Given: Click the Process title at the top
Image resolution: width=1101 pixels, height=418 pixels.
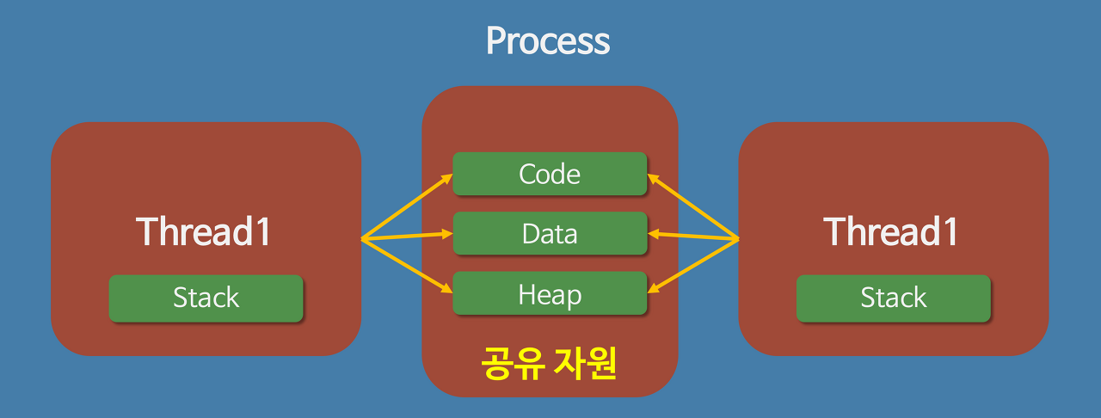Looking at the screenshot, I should tap(548, 41).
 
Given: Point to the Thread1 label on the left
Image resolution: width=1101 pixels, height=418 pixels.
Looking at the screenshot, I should tap(204, 231).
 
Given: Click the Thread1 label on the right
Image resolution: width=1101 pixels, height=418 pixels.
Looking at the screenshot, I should tap(891, 231).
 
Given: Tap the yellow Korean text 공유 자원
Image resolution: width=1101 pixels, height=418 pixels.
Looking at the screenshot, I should tap(549, 364).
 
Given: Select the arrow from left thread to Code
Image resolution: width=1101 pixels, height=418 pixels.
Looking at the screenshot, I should tap(407, 206).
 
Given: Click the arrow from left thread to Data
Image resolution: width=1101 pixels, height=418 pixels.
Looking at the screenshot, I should tap(407, 236).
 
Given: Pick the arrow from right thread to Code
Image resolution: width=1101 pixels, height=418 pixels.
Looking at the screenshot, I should tap(693, 206).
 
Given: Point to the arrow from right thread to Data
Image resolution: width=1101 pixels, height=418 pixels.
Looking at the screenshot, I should tap(693, 236).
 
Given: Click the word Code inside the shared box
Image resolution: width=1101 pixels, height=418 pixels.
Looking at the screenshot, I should tap(550, 174).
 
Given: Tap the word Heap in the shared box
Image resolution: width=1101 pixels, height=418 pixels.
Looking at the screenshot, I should tap(550, 294).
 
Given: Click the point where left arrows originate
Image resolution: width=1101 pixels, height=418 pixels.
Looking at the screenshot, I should tap(362, 239).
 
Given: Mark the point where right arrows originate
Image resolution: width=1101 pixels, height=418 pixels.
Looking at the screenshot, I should tap(738, 239).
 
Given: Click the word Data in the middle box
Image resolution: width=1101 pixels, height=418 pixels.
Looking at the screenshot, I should tap(550, 233).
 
